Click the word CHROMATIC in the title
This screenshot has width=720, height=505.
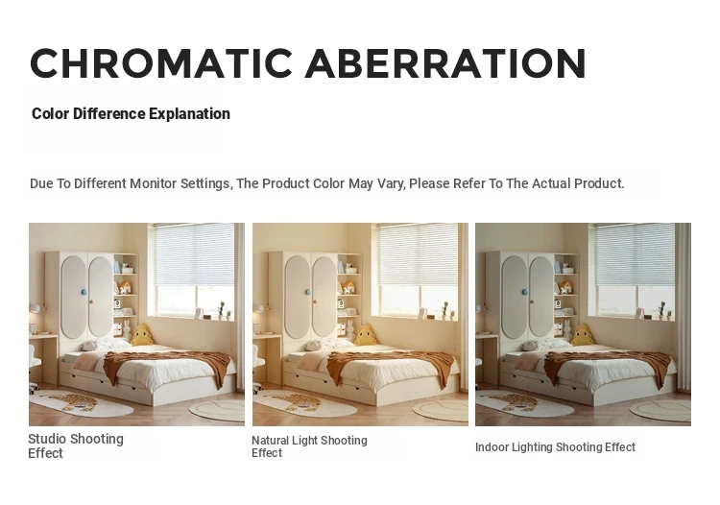[x=161, y=63]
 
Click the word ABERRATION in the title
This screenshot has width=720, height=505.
[x=445, y=63]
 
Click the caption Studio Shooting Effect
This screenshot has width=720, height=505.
[x=76, y=445]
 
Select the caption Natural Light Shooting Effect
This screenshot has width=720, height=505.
[x=309, y=446]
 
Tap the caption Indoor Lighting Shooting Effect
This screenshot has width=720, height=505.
[x=555, y=447]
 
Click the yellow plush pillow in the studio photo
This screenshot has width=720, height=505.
[x=142, y=335]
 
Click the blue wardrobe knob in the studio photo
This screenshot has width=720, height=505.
[x=84, y=292]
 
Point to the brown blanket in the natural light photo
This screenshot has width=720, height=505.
[x=392, y=366]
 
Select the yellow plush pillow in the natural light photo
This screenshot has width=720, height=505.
[x=366, y=335]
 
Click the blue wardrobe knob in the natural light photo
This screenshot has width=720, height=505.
[x=307, y=292]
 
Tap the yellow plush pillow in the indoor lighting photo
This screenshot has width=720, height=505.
[x=583, y=335]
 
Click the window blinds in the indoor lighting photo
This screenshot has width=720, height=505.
[x=636, y=254]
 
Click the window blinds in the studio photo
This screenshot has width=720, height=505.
[x=194, y=254]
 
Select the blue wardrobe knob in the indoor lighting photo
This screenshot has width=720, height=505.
[x=524, y=292]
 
